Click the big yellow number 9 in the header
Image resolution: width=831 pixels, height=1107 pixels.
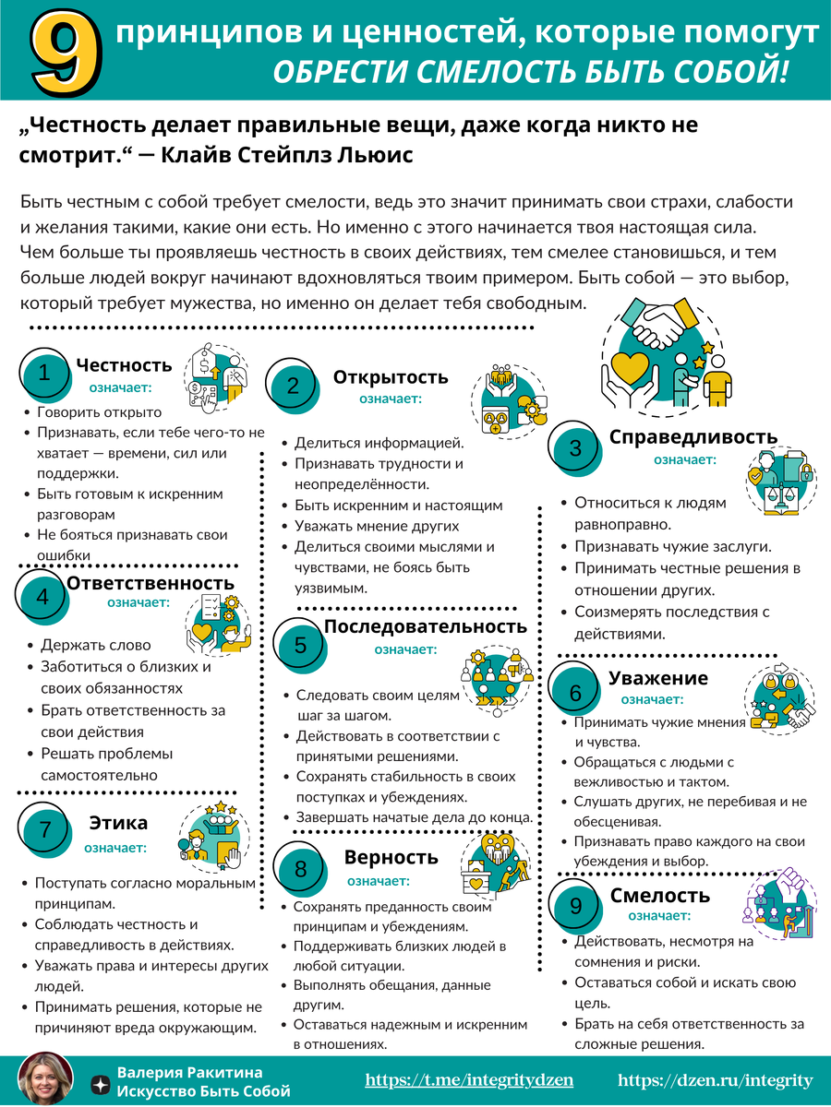(x=65, y=52)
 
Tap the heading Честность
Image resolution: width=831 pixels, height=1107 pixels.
(x=124, y=366)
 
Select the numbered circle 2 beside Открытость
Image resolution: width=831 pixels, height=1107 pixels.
(x=293, y=387)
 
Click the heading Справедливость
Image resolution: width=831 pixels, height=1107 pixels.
(x=692, y=436)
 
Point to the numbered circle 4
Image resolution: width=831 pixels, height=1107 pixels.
(x=42, y=597)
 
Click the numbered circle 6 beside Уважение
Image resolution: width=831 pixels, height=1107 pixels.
(x=575, y=693)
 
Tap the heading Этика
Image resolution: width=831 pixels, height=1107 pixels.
(x=118, y=823)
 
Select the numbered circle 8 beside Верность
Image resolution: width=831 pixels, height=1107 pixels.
(x=301, y=869)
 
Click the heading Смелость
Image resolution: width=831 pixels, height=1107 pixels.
(x=659, y=895)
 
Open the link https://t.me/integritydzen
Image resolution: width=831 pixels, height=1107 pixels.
(x=469, y=1080)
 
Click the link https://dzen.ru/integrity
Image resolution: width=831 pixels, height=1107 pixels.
(x=715, y=1080)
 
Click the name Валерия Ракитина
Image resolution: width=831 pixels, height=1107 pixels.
(x=189, y=1072)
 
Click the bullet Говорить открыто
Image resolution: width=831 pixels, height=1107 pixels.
(x=99, y=412)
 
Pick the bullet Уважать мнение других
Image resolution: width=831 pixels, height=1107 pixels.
(x=377, y=526)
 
